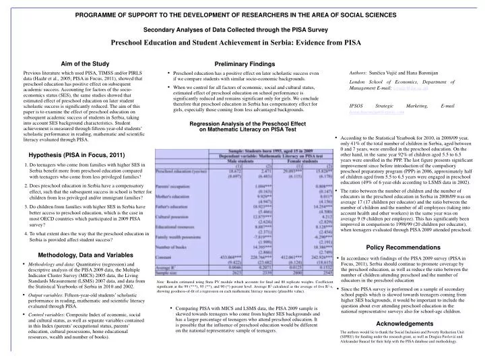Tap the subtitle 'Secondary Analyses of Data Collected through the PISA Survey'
242,30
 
